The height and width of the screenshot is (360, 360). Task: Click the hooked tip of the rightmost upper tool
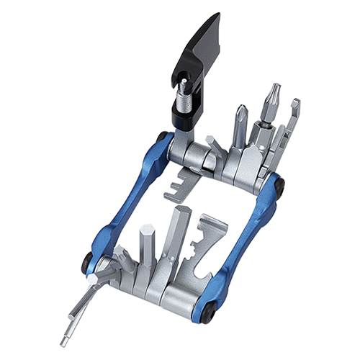pyautogui.click(x=294, y=108)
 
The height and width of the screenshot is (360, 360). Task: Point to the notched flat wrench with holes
pyautogui.click(x=209, y=238)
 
